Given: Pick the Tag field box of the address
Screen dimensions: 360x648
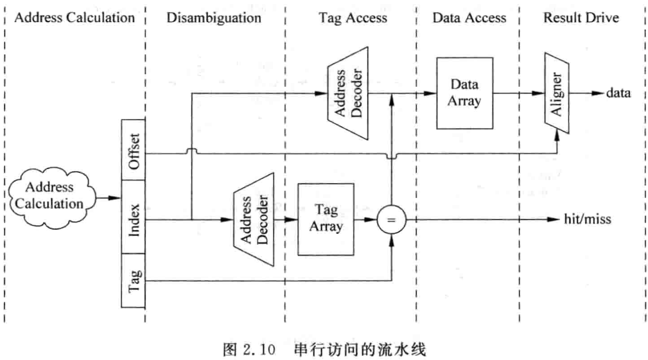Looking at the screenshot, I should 133,280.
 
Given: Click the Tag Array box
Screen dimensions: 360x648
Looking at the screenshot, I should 326,219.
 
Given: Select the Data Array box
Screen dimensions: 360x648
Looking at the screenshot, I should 464,93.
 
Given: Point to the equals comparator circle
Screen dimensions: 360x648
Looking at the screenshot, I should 391,220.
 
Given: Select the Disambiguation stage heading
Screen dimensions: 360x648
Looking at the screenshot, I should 214,18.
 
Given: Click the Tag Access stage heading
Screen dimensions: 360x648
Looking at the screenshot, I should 353,18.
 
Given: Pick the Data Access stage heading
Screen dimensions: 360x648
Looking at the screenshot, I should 469,18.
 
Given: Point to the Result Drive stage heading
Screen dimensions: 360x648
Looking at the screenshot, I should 581,18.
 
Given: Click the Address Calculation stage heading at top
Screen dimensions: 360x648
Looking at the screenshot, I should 74,18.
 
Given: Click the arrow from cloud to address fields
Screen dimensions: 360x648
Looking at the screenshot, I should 109,198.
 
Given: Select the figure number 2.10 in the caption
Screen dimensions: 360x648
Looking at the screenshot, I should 257,350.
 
